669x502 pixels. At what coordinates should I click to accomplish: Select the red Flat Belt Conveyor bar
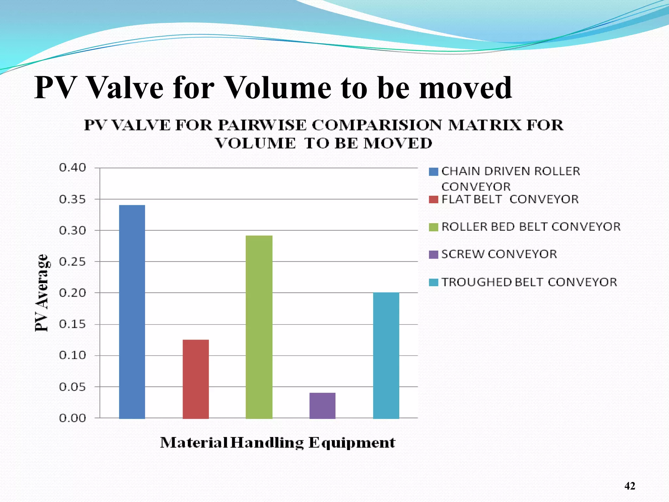196,379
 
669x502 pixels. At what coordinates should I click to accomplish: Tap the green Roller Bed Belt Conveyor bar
259,327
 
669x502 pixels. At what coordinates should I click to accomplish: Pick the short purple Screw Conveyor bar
322,405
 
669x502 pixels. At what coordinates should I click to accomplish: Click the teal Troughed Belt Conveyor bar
386,355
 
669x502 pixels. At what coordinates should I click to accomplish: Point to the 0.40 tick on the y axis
73,168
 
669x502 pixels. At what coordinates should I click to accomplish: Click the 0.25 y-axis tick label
73,262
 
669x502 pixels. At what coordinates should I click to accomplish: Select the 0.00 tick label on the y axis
73,418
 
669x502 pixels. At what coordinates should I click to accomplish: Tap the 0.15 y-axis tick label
73,324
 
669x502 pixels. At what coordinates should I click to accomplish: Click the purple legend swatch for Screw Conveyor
433,255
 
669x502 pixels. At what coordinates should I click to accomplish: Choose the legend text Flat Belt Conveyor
510,199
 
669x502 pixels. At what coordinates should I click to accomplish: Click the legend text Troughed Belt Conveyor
529,282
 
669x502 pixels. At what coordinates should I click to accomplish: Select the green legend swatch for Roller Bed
433,227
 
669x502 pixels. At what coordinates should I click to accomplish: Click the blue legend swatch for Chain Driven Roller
433,172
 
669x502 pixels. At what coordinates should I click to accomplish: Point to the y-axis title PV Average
42,293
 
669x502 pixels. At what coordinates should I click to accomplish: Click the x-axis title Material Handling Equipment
278,443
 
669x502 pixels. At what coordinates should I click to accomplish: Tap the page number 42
630,486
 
